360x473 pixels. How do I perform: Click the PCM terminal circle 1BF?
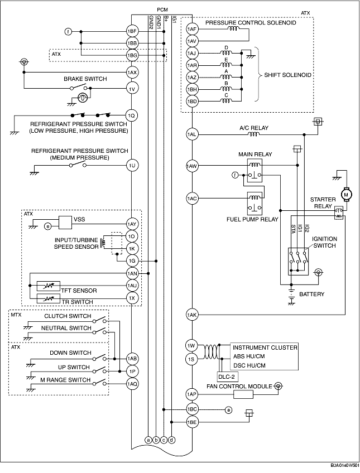click(x=132, y=31)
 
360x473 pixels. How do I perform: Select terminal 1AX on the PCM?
click(x=132, y=73)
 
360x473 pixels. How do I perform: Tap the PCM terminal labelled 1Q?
click(x=132, y=115)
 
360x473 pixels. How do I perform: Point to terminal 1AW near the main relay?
click(x=192, y=165)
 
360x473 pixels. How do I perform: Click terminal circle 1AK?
click(x=192, y=315)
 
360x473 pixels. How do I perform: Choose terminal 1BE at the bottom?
click(x=192, y=422)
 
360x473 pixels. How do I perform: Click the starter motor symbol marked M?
click(x=346, y=194)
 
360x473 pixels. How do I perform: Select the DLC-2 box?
click(x=225, y=376)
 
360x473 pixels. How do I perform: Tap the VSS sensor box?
click(x=65, y=223)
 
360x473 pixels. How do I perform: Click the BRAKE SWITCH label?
click(x=85, y=79)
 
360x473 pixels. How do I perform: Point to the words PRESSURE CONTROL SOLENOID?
click(x=251, y=23)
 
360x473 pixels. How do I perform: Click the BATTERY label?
click(x=311, y=294)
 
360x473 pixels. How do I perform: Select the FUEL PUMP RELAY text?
click(x=252, y=219)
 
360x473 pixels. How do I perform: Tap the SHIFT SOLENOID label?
click(x=287, y=75)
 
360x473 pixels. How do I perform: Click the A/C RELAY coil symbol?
click(x=253, y=134)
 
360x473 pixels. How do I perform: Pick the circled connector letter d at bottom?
click(x=171, y=440)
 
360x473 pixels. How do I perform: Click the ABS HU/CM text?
click(x=249, y=356)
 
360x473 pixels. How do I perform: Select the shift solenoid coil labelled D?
click(x=226, y=53)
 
